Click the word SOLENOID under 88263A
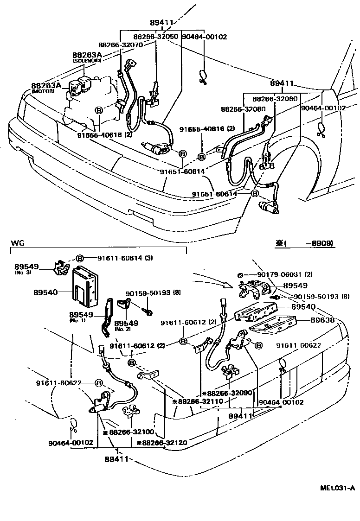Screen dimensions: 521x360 click(x=87, y=61)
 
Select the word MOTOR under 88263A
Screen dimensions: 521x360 click(x=43, y=91)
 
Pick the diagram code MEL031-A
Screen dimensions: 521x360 click(x=337, y=488)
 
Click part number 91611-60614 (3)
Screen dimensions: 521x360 click(x=125, y=258)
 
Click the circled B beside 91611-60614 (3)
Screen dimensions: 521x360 click(x=79, y=258)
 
